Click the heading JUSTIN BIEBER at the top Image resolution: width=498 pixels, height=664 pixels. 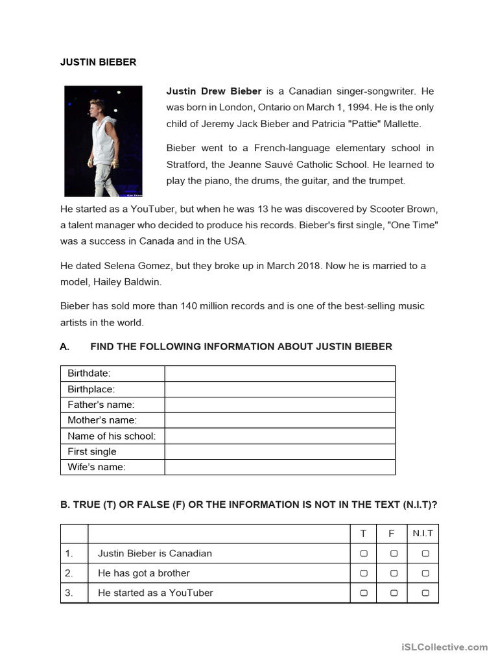[x=98, y=62]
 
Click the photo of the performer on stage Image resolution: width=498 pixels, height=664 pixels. [x=103, y=141]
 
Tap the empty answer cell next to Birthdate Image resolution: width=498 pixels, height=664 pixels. [x=279, y=373]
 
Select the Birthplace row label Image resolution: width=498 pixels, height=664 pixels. [x=91, y=389]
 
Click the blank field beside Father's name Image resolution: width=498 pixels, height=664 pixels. [x=279, y=405]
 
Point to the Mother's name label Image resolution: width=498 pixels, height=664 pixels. [x=102, y=420]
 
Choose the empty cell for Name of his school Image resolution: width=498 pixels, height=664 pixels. [x=279, y=436]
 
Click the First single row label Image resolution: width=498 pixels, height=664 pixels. [x=92, y=451]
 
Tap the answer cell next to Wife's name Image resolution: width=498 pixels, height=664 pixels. [x=279, y=467]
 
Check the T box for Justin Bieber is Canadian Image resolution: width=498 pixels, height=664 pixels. [x=364, y=554]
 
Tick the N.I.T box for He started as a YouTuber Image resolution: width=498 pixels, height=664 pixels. [x=425, y=593]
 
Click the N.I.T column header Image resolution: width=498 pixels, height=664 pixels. [x=425, y=534]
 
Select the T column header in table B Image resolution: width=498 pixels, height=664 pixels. [x=364, y=534]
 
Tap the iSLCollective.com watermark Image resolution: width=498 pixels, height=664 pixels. [x=444, y=646]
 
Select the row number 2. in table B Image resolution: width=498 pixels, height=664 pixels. [x=69, y=573]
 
